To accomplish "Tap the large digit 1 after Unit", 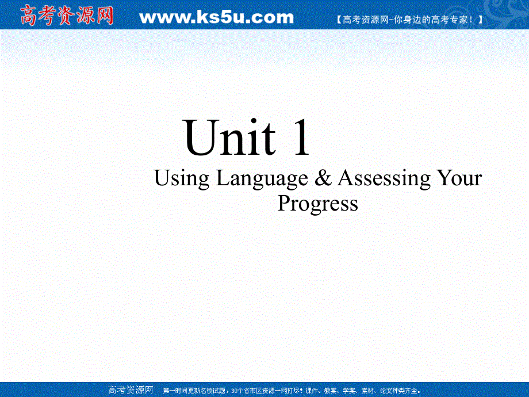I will click(301, 138).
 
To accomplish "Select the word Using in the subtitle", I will click(182, 179).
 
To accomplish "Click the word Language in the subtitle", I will click(262, 179).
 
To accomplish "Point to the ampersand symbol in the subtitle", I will click(324, 178).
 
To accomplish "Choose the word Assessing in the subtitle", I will click(384, 178).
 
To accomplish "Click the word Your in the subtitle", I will click(459, 178).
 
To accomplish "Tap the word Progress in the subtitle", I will click(318, 203).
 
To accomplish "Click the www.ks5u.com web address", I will click(216, 18).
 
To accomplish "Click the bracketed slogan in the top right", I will click(408, 20).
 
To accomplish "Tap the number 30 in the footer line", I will click(233, 390).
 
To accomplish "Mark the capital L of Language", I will click(222, 178).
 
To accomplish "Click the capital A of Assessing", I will click(346, 178).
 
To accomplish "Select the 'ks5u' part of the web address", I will click(216, 18).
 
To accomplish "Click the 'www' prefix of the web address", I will click(162, 18).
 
